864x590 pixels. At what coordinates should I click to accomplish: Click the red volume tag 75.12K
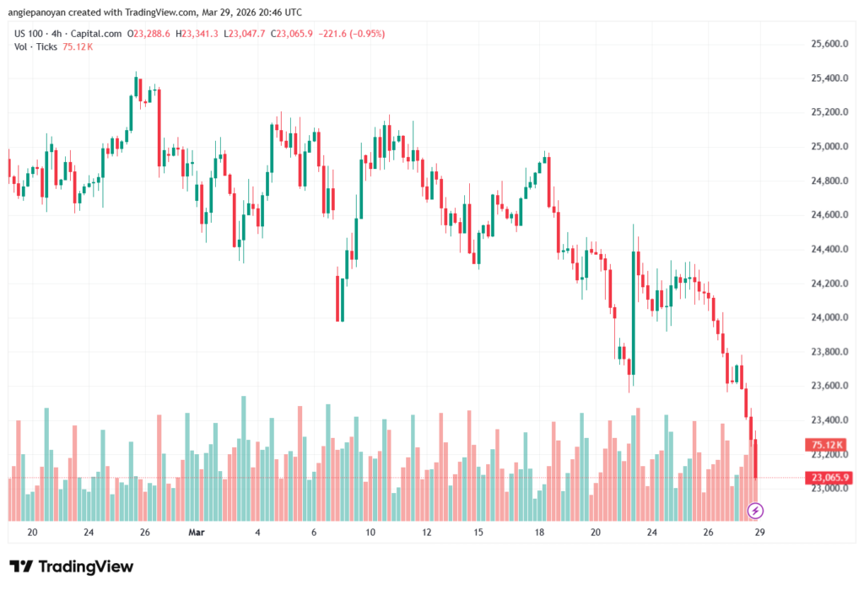pos(824,444)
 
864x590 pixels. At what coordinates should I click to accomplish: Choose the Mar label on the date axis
pos(197,533)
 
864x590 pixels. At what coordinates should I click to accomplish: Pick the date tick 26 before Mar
pos(145,533)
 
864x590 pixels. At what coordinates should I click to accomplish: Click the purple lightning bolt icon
pos(756,510)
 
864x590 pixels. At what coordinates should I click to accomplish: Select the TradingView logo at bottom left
pos(71,566)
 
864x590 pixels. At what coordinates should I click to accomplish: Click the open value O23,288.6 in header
pos(148,34)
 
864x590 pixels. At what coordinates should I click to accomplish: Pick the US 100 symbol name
pos(29,34)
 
